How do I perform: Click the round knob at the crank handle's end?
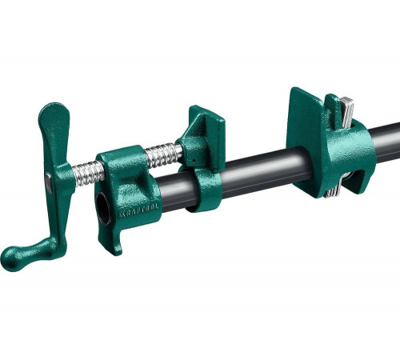[13, 258]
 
